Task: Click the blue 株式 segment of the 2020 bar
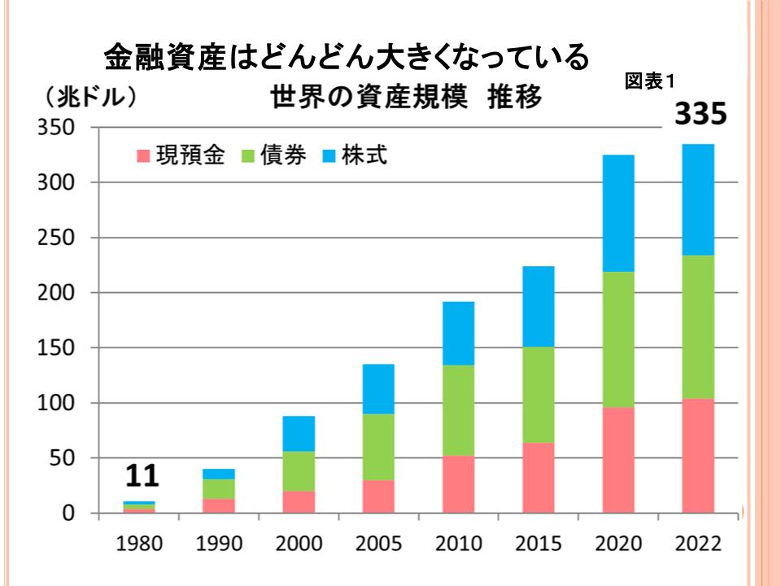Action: coord(618,213)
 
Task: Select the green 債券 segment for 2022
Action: coord(698,327)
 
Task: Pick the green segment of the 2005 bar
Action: coord(378,447)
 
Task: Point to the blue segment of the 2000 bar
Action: coord(299,434)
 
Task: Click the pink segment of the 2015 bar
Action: coord(539,478)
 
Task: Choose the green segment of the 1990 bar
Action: coord(219,488)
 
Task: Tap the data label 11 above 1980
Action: coord(139,476)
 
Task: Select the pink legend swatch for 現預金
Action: coord(144,155)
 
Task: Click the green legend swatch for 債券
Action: coord(247,155)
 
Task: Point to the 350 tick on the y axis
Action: coord(58,128)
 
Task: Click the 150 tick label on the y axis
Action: coord(58,348)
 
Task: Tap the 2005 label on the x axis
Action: coord(378,544)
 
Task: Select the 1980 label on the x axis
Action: coord(139,544)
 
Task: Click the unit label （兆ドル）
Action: coord(89,98)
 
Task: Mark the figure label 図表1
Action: coord(651,81)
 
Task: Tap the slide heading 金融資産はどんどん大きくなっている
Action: coord(346,57)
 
